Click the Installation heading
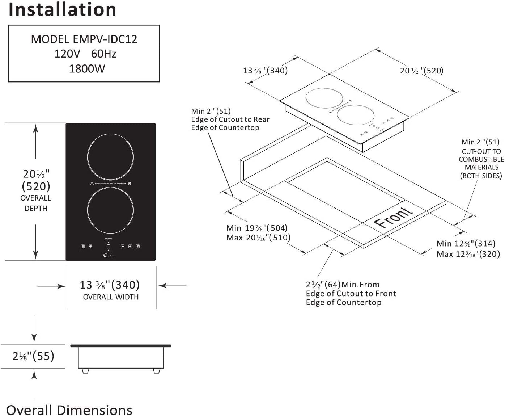tap(62, 10)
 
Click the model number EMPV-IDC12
tap(105, 39)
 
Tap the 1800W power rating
tap(87, 68)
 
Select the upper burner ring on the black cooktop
tap(110, 157)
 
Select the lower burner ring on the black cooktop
tap(110, 210)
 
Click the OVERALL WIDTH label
tap(111, 297)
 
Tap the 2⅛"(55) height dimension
tap(33, 356)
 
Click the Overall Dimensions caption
tap(69, 410)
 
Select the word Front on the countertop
tap(393, 217)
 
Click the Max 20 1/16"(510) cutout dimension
tap(258, 238)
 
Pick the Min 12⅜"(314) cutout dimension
tap(466, 244)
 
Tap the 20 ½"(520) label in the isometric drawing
tap(421, 71)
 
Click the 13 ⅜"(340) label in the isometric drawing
tap(265, 70)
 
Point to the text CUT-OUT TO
tap(481, 151)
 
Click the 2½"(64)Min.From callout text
tap(343, 285)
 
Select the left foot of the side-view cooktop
tap(85, 370)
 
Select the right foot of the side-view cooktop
tap(157, 370)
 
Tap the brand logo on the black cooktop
tap(109, 256)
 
